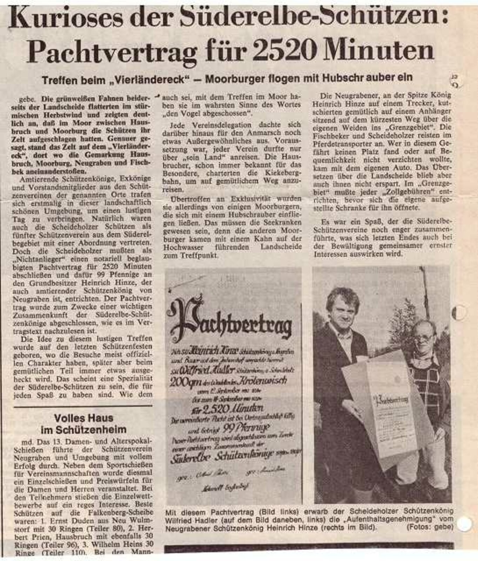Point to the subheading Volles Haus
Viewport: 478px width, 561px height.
83,418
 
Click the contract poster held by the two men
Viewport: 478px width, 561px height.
386,407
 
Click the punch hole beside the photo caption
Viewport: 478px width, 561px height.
464,524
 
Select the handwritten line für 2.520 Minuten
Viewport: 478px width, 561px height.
227,408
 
